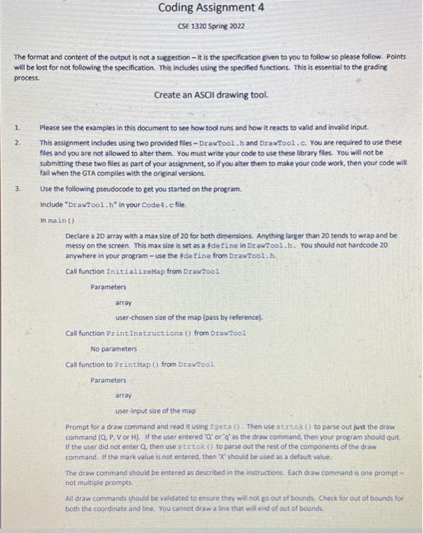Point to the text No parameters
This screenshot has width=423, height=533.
click(114, 349)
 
